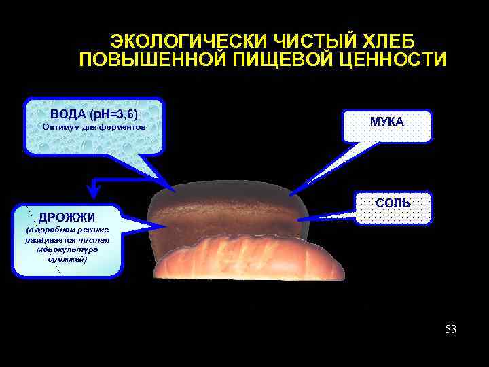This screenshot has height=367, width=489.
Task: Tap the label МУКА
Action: pyautogui.click(x=387, y=122)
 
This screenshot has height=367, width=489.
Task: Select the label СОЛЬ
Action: pyautogui.click(x=393, y=203)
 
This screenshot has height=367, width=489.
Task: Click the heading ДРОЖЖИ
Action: pyautogui.click(x=67, y=217)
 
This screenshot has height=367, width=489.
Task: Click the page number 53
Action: pyautogui.click(x=450, y=330)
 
